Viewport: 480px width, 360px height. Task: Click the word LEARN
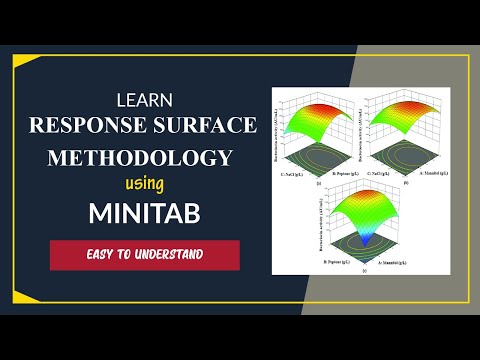tap(144, 100)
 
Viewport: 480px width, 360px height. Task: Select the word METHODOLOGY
tap(142, 158)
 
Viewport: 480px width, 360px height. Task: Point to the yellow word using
tap(143, 184)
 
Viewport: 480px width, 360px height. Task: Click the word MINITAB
tap(143, 213)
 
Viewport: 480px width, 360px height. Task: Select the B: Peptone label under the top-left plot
tap(335, 173)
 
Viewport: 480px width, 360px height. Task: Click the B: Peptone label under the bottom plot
tap(337, 264)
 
